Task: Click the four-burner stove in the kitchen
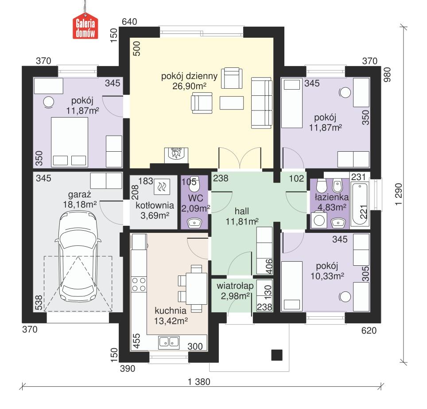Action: [x=139, y=284]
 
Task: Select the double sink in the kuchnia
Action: [x=169, y=342]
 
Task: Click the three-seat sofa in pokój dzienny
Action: [x=261, y=103]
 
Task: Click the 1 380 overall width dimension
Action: [x=198, y=381]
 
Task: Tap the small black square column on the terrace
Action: [x=276, y=354]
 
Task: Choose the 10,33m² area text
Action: [x=327, y=275]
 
